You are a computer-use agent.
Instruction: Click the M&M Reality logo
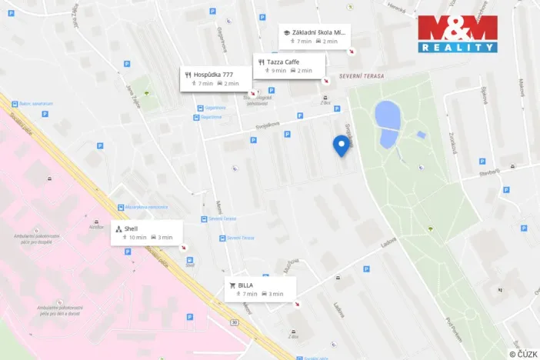[x=458, y=33]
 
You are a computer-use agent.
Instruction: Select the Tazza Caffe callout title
[x=284, y=62]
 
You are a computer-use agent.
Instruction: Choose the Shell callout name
[x=131, y=228]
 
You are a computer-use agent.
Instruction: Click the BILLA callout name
[x=245, y=285]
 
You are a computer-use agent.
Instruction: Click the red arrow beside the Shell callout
[x=183, y=248]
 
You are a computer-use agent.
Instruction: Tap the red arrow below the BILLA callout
[x=297, y=304]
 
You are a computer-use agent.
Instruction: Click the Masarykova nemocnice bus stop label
[x=146, y=207]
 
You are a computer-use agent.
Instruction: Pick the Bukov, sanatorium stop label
[x=36, y=104]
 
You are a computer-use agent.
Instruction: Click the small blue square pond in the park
[x=422, y=135]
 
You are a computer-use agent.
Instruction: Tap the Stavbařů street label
[x=488, y=172]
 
